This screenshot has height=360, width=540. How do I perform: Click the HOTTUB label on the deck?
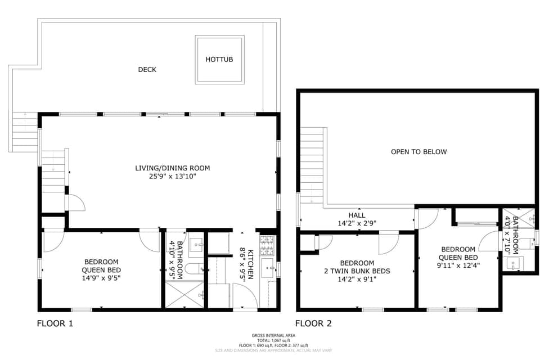coord(219,59)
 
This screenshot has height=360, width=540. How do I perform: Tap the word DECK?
coord(147,70)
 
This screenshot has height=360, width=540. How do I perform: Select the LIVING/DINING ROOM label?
coord(173,168)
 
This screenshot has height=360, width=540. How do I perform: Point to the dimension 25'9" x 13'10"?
coord(173,176)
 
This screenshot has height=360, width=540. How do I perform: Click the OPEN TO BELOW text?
coord(419,152)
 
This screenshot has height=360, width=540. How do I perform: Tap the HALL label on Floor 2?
coord(357,215)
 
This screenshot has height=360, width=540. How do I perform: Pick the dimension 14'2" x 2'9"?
coord(357,223)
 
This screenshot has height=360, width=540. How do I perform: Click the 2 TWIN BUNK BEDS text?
coord(357,271)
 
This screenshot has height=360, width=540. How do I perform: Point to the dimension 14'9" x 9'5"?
coord(102,277)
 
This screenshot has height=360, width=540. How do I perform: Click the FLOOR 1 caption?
coord(55,323)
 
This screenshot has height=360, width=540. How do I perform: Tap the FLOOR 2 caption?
coord(313,323)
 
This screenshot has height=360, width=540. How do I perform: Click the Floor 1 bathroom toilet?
coord(193,268)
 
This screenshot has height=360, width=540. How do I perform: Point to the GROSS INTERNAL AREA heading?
coord(273,335)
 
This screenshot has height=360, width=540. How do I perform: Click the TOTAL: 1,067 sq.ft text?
coord(273,340)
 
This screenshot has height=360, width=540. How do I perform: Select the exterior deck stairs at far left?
coord(24,133)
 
